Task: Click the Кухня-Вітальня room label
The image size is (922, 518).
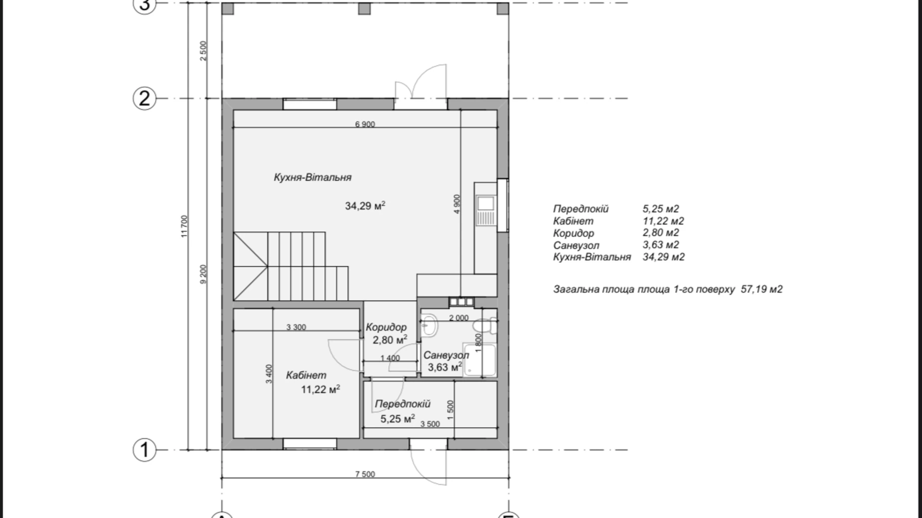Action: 312,177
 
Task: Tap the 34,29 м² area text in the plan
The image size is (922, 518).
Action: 365,206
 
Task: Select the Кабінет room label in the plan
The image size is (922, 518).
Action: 306,376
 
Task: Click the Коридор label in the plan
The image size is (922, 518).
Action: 386,327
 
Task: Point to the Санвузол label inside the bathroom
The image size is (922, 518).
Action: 446,356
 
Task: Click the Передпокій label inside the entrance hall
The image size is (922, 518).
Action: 403,404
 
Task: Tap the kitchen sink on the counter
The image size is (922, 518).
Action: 485,203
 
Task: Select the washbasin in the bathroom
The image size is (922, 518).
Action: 429,326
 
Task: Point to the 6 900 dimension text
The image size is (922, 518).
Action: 365,125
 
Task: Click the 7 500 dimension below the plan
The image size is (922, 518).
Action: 365,474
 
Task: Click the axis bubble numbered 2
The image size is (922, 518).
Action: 144,99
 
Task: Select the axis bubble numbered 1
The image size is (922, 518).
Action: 144,450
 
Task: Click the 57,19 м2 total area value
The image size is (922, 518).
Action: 762,289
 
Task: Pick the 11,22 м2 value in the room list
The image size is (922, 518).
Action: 663,221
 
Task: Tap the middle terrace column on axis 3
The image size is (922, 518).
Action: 365,8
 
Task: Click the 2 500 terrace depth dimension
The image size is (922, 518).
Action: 203,51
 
